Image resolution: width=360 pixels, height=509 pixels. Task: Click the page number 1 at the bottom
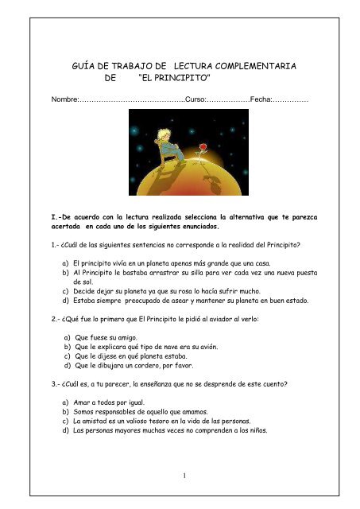(x=181, y=476)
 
